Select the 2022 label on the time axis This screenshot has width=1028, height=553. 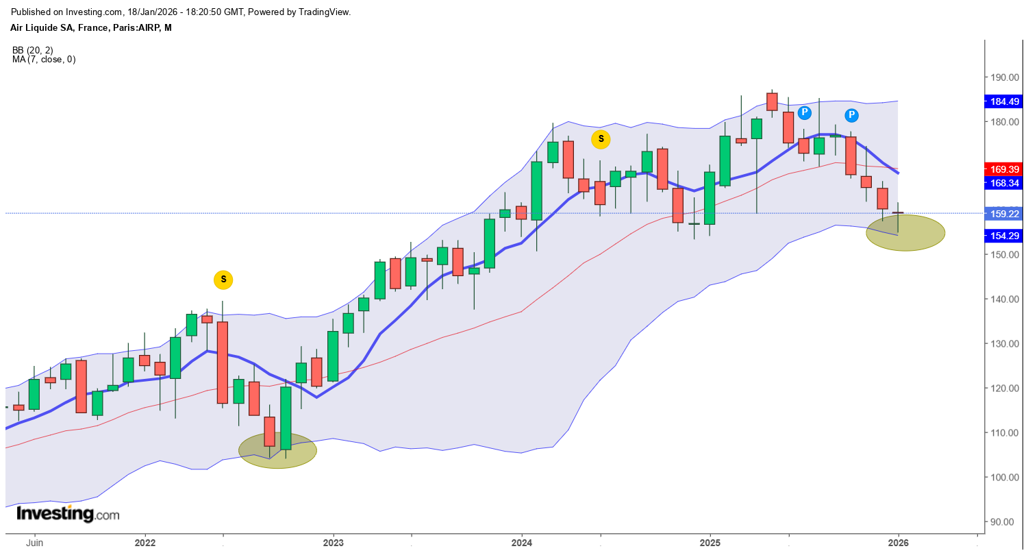145,542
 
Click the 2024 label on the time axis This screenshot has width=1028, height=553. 521,542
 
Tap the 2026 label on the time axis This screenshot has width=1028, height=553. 898,542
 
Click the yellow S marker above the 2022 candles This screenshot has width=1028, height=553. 223,280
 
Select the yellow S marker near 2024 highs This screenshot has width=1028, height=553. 601,139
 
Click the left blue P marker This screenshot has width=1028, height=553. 804,112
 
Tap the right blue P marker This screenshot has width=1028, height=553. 851,115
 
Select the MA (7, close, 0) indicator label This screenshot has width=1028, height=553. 44,60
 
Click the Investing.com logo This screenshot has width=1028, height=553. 67,514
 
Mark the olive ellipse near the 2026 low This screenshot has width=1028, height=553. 905,232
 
